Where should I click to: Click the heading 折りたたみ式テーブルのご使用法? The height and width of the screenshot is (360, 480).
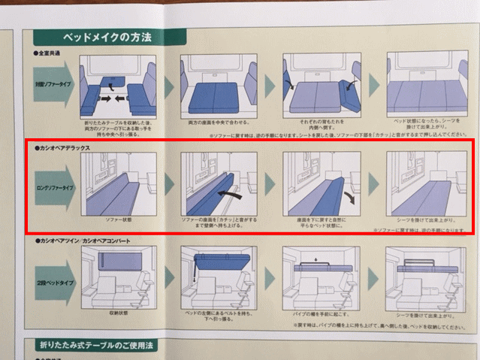tap(106, 345)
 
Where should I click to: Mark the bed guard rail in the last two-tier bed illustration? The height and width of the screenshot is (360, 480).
tap(425, 263)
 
